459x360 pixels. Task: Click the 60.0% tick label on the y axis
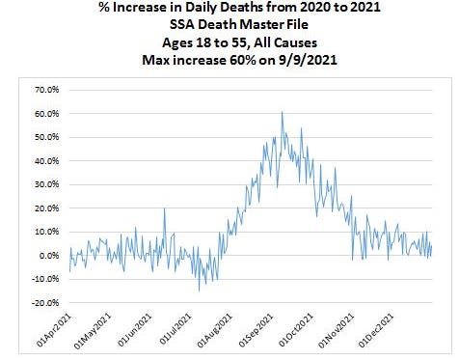47,113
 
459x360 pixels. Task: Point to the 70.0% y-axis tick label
47,89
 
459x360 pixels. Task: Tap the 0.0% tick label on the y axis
49,256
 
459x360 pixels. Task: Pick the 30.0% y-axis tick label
47,184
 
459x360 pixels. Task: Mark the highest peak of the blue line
282,112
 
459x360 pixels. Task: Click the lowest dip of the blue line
200,291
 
